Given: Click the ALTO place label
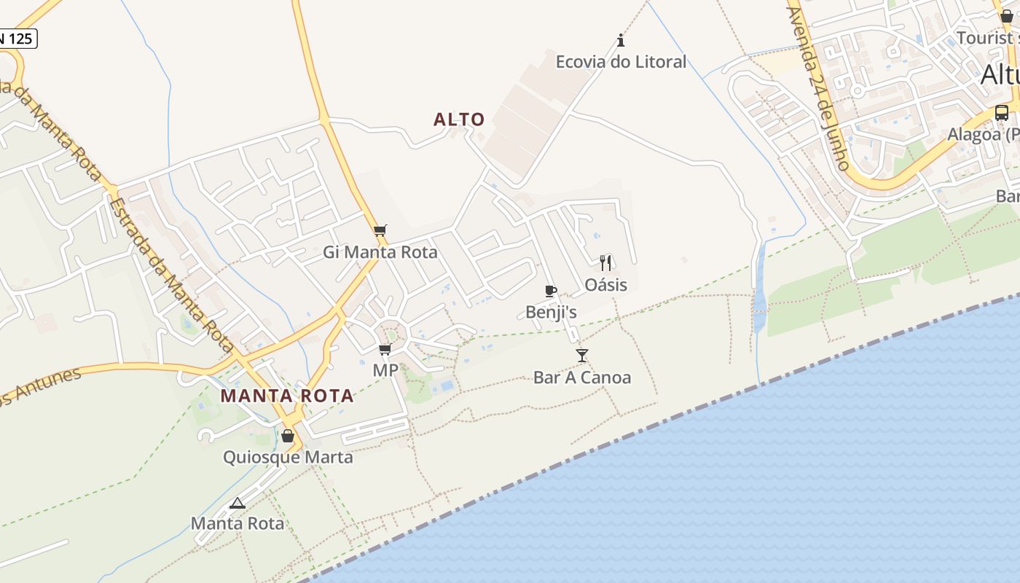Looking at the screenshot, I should click(459, 120).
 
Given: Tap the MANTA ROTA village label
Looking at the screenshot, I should click(287, 396).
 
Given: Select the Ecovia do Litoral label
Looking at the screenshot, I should click(621, 62).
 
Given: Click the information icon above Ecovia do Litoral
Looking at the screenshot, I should click(621, 39).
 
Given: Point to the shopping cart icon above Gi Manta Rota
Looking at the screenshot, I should click(380, 231).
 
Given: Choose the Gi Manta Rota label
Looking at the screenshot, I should click(380, 252).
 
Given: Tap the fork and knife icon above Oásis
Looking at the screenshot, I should click(605, 262).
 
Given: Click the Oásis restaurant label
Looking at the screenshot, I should click(605, 284).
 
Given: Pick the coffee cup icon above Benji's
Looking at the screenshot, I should click(551, 291).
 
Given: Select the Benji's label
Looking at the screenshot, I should click(551, 313).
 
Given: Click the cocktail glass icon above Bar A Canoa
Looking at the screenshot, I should click(581, 356).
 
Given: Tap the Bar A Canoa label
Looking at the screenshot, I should click(581, 377).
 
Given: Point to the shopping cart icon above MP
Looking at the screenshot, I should click(385, 350).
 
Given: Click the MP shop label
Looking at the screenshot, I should click(385, 370).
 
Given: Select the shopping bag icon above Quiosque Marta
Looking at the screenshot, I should click(288, 436).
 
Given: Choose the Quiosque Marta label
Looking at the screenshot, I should click(288, 457).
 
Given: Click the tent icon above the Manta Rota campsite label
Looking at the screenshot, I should click(238, 503).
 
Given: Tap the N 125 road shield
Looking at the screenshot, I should click(16, 39).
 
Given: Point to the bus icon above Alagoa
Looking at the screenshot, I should click(1002, 113).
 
